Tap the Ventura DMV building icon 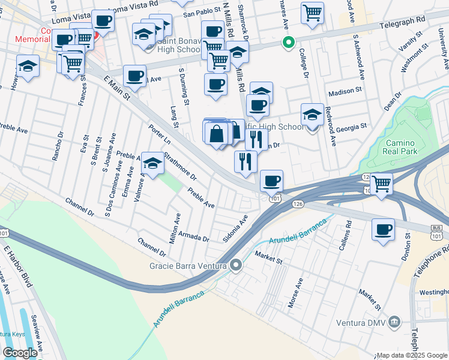click(394, 322)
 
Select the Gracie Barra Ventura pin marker click(237, 265)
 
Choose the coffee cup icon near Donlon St click(384, 229)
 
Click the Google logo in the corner click(20, 353)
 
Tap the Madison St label click(345, 93)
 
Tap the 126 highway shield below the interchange click(298, 205)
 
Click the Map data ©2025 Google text click(411, 355)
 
